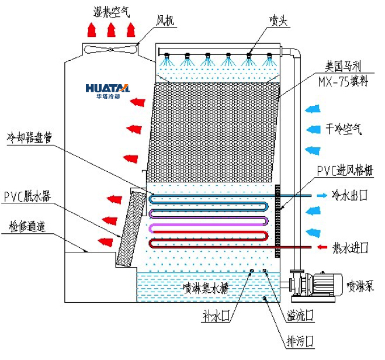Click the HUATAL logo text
pyautogui.click(x=107, y=88)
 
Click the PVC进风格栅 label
pyautogui.click(x=345, y=171)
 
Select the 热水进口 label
pyautogui.click(x=351, y=248)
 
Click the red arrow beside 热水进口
pyautogui.click(x=322, y=248)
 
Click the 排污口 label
pyautogui.click(x=300, y=341)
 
